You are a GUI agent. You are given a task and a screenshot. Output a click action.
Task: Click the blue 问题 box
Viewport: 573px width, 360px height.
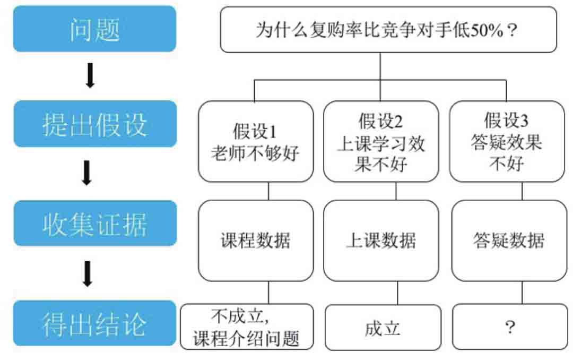[x=94, y=29]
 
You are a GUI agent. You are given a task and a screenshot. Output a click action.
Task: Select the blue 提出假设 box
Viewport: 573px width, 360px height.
[x=95, y=124]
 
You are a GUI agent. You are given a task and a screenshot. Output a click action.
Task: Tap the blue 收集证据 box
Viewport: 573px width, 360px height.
[x=95, y=223]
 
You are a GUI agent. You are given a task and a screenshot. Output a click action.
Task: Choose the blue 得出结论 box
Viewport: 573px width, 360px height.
[x=94, y=323]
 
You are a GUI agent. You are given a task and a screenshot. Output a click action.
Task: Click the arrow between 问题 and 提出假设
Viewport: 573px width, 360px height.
[x=90, y=75]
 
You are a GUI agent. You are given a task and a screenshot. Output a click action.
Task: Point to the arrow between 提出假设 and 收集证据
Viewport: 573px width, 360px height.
[x=87, y=173]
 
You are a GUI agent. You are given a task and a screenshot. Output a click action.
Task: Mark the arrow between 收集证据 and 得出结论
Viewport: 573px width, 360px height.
[x=88, y=273]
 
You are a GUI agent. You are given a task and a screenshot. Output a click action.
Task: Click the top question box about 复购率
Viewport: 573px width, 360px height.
[x=388, y=30]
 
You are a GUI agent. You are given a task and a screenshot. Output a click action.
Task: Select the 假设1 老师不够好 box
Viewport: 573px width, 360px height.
[x=256, y=142]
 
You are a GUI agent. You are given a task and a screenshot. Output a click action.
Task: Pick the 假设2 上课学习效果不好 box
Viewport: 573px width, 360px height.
[x=381, y=142]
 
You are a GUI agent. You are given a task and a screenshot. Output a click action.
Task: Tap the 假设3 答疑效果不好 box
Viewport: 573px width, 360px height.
[x=507, y=142]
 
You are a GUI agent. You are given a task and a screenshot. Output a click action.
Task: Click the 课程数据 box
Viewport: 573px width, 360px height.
[x=256, y=241]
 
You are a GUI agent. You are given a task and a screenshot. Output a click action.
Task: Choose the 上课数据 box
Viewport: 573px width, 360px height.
[x=381, y=241]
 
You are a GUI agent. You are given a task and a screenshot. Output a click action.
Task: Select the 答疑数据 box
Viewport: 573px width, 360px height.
[x=509, y=241]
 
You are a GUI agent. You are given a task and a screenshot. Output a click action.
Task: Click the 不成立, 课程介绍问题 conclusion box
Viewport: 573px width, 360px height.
[x=247, y=327]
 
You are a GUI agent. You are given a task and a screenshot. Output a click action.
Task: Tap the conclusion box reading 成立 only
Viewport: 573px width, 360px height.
[x=383, y=327]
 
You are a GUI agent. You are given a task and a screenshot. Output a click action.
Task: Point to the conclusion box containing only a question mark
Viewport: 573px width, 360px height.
[x=510, y=327]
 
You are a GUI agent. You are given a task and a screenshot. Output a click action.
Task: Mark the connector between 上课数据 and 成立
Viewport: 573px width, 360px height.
[x=397, y=293]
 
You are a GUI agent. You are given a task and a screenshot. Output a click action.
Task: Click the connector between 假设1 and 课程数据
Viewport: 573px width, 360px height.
[x=268, y=191]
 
